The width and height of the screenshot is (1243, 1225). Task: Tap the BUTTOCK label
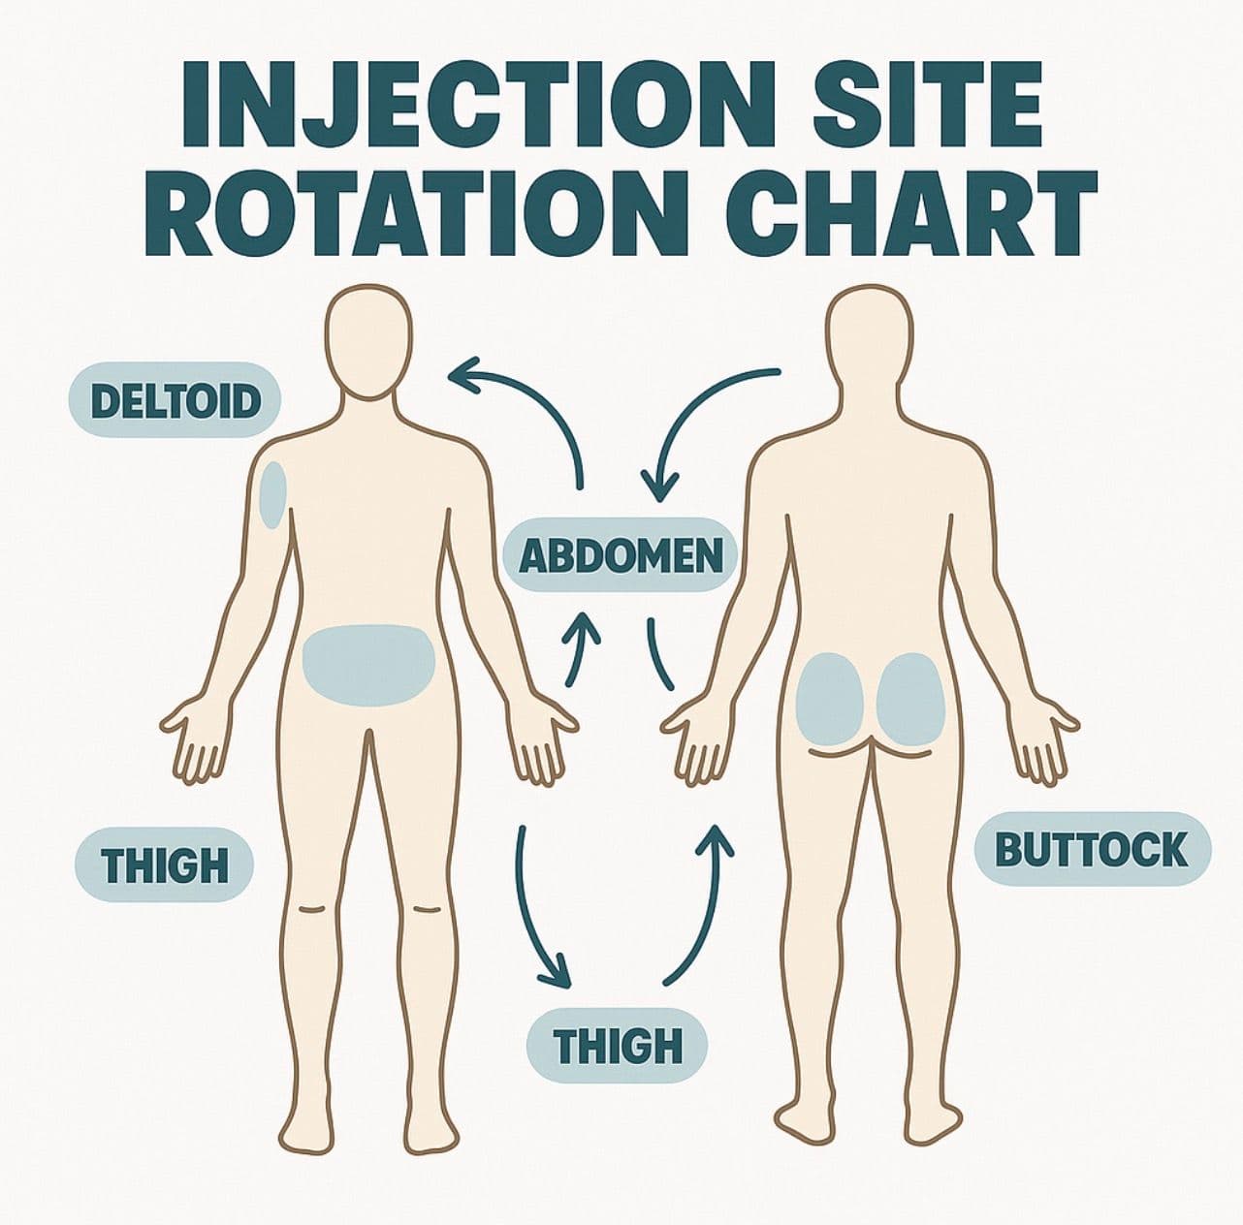point(1092,849)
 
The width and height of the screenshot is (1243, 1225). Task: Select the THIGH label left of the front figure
point(164,864)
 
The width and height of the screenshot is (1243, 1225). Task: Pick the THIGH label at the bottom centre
point(617,1046)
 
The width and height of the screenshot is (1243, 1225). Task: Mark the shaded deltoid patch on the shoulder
point(274,493)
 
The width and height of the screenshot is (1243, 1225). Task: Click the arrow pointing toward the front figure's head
point(543,407)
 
